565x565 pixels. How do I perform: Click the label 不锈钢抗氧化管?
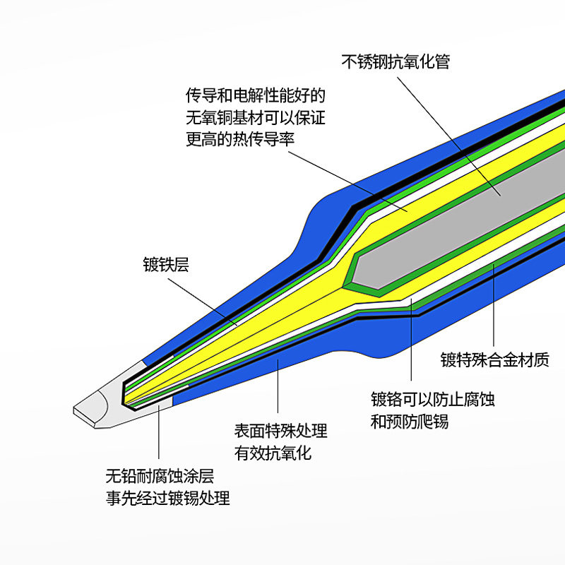[395, 62]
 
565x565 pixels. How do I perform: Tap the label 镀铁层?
[166, 266]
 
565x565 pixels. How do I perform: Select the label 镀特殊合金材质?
[494, 360]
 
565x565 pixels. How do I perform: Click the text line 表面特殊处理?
[281, 431]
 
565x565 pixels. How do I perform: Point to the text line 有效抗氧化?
[273, 453]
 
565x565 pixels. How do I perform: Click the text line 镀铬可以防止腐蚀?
[433, 400]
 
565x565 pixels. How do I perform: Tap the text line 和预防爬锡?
[410, 422]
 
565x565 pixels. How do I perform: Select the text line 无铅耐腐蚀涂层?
[160, 476]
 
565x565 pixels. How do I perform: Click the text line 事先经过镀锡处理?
[168, 498]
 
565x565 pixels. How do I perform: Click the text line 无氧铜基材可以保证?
[255, 117]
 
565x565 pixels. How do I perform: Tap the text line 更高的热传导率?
[240, 139]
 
